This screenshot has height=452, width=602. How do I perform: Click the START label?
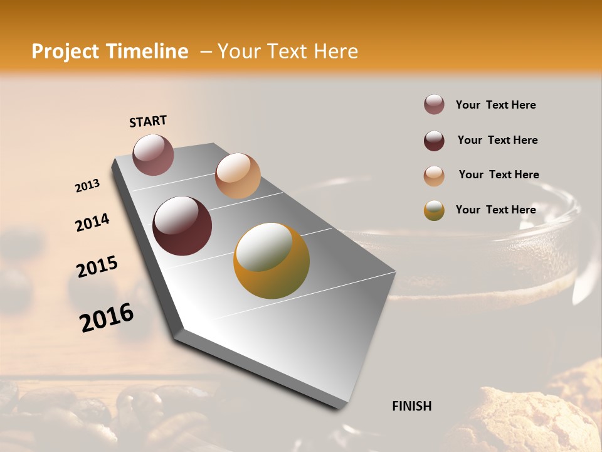(x=148, y=121)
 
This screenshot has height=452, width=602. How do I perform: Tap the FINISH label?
(x=411, y=406)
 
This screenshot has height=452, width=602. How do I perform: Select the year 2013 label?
(x=87, y=186)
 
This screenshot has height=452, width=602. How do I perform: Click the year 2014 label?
(x=92, y=223)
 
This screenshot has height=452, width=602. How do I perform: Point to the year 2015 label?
(x=97, y=267)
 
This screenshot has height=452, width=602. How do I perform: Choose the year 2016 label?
(x=107, y=318)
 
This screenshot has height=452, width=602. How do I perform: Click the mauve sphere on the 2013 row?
(x=154, y=154)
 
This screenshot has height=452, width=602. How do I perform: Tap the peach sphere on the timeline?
(x=238, y=175)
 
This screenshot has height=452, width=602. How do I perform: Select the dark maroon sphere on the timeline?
(x=182, y=226)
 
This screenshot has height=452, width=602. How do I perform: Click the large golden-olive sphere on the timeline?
(x=272, y=261)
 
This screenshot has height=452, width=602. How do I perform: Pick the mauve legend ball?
(x=434, y=105)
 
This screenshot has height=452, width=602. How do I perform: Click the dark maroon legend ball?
(x=434, y=141)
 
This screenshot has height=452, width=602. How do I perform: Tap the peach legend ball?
(x=434, y=176)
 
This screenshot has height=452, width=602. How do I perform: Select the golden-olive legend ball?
(x=434, y=210)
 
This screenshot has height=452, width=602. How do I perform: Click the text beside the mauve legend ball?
(x=495, y=105)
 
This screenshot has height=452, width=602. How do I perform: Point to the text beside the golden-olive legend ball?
(x=495, y=210)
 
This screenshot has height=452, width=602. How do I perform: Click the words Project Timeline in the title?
(x=110, y=51)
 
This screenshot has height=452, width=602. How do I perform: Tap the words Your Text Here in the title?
(x=287, y=51)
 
